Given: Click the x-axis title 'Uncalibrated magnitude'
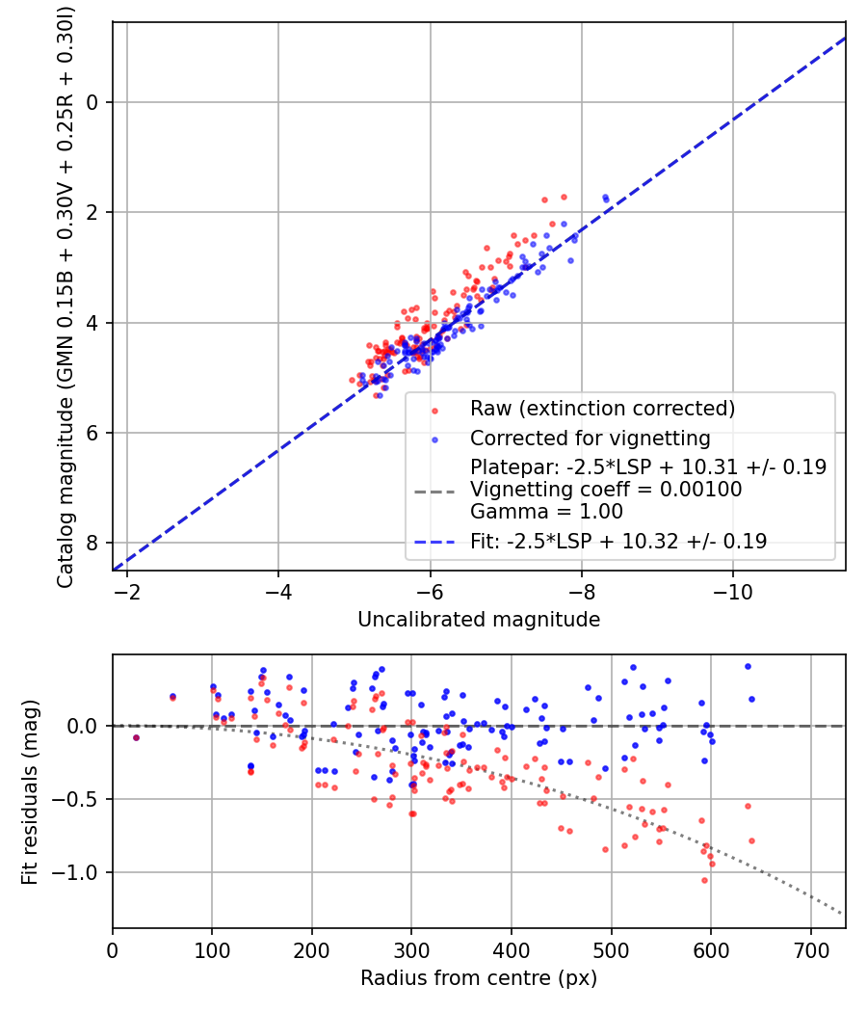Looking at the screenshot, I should click(479, 620).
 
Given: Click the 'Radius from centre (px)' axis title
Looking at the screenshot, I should click(479, 978).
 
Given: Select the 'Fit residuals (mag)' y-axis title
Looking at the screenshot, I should click(30, 792).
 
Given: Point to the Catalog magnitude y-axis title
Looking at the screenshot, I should click(66, 295).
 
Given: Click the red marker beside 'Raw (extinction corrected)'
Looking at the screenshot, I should click(434, 410).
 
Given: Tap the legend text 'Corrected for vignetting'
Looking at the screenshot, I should click(590, 439).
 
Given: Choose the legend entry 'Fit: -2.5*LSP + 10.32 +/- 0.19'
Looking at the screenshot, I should click(618, 542).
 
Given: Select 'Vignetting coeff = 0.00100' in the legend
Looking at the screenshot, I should click(606, 490).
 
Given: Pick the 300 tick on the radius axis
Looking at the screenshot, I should click(411, 949).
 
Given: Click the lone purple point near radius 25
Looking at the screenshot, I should click(136, 737).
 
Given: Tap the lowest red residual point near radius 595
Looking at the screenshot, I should click(704, 880).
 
